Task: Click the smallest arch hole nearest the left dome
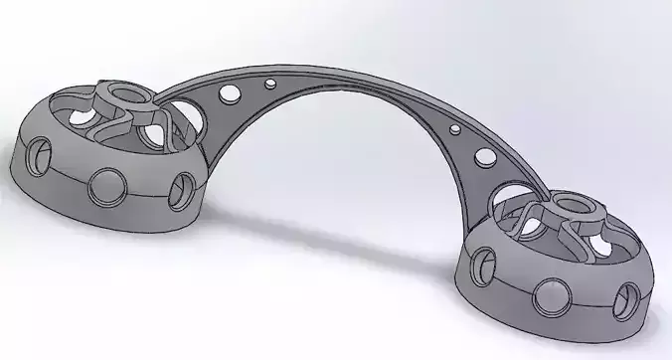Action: coord(271,82)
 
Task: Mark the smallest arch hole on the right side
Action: coord(455,128)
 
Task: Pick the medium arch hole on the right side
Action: coord(485,156)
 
